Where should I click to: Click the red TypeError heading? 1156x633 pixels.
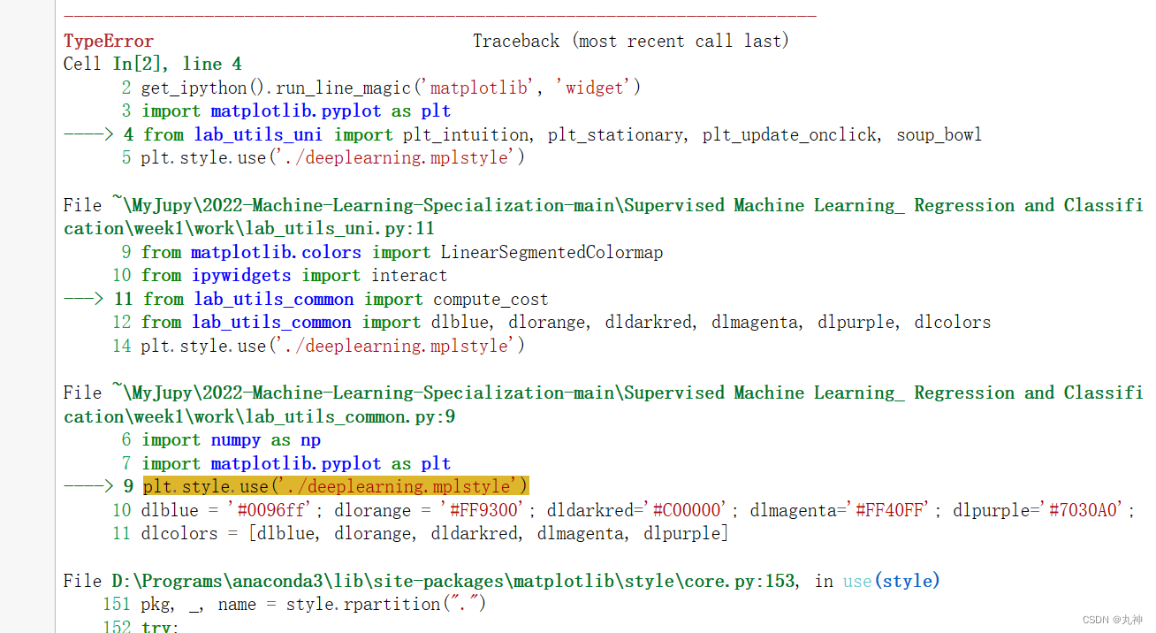tap(108, 41)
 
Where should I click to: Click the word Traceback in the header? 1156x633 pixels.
tap(516, 41)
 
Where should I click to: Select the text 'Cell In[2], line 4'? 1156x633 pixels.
tap(152, 64)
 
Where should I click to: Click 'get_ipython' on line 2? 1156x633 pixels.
tap(190, 88)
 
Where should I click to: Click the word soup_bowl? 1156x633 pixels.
tap(939, 134)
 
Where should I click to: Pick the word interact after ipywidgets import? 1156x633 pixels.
tap(408, 275)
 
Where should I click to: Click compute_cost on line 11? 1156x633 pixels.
tap(491, 299)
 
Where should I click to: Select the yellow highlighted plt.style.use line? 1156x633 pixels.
tap(335, 486)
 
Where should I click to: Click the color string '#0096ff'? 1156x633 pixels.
tap(266, 510)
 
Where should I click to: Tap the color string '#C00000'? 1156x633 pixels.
tap(689, 510)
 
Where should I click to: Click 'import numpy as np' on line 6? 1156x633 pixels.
tap(231, 439)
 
